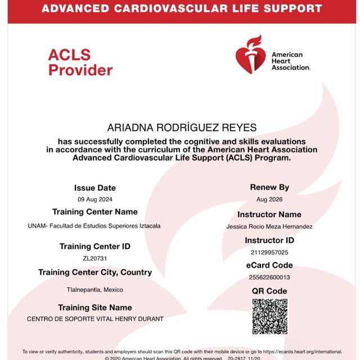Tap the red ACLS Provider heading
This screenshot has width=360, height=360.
click(x=80, y=62)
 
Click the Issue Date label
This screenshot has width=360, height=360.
click(x=95, y=188)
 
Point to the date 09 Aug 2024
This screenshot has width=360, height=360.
click(x=94, y=200)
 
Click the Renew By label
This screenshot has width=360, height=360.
click(x=269, y=187)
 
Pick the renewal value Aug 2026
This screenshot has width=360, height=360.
click(x=269, y=200)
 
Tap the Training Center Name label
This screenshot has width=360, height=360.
click(x=95, y=212)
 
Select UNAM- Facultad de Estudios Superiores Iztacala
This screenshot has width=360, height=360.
click(x=94, y=226)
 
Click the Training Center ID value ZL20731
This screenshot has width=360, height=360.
click(x=94, y=259)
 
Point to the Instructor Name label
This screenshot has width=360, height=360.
click(x=269, y=214)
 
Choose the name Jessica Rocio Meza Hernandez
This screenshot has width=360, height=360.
click(x=269, y=227)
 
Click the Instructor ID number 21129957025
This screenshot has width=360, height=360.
click(x=269, y=253)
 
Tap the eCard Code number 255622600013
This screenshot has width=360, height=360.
click(x=269, y=277)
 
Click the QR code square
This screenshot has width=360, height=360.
click(x=269, y=317)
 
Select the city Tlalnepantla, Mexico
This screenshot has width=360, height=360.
click(x=94, y=290)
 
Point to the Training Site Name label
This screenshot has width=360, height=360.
click(x=95, y=308)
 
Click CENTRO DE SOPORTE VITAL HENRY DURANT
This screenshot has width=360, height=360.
click(x=95, y=319)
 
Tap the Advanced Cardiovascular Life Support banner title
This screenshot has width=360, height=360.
click(x=182, y=9)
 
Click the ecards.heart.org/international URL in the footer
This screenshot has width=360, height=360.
click(x=303, y=350)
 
